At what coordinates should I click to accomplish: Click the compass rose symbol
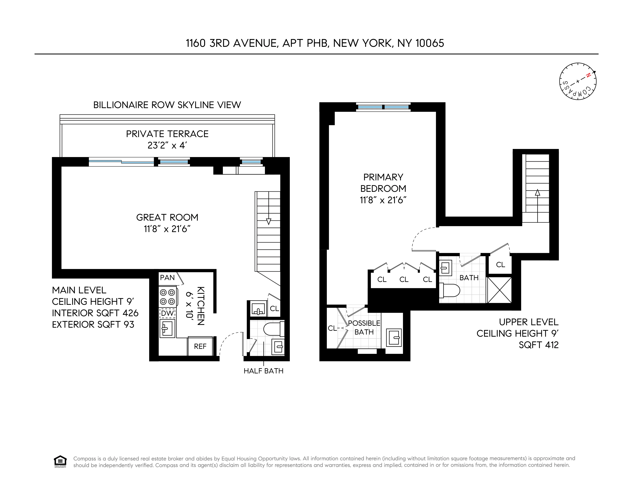tap(578, 81)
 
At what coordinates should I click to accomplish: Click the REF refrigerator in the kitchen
tap(200, 346)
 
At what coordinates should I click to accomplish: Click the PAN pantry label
tap(167, 278)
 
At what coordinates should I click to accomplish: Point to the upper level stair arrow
tap(537, 193)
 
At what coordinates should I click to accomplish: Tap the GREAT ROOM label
tap(167, 217)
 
